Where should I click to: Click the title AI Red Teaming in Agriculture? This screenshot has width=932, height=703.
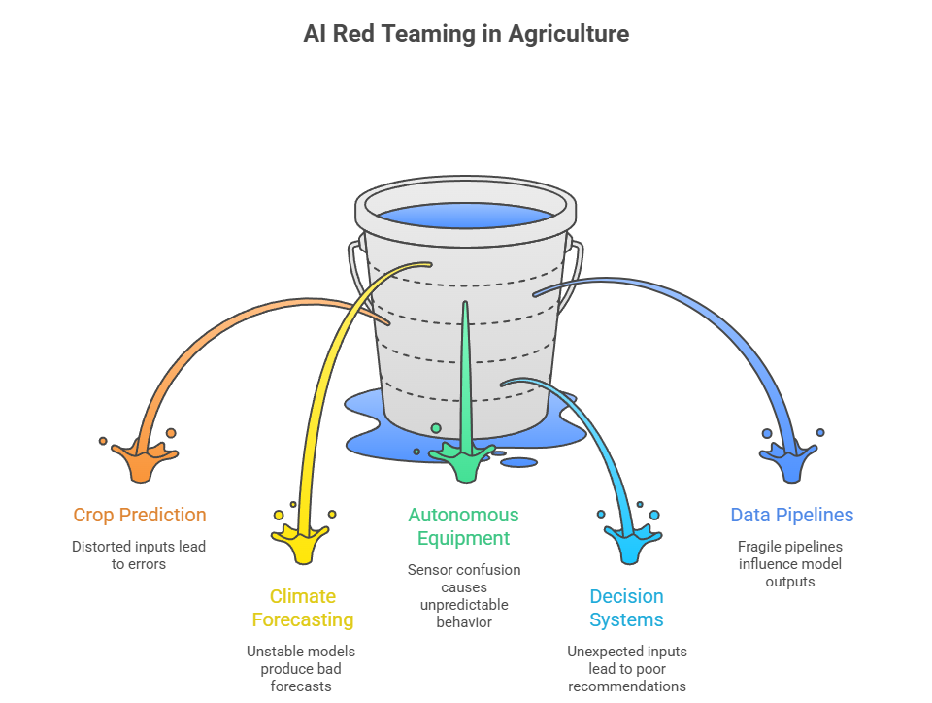466,34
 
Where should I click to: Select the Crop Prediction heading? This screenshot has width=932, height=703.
140,515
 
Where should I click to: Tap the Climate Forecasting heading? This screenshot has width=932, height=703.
302,608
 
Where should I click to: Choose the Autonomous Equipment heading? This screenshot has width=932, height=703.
463,526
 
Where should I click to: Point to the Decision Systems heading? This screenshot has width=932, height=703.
626,608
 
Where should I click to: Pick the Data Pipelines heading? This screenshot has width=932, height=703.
791,515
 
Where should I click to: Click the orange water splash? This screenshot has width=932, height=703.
141,460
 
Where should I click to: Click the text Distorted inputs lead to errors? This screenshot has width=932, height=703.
139,554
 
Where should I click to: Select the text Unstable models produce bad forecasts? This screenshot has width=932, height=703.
300,668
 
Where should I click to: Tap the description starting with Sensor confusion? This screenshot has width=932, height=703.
463,595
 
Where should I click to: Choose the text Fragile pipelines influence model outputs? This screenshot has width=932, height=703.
789,564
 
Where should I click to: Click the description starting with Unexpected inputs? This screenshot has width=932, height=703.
626,668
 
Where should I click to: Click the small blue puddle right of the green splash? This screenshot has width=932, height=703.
519,462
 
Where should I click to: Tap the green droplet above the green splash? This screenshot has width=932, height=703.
436,428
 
